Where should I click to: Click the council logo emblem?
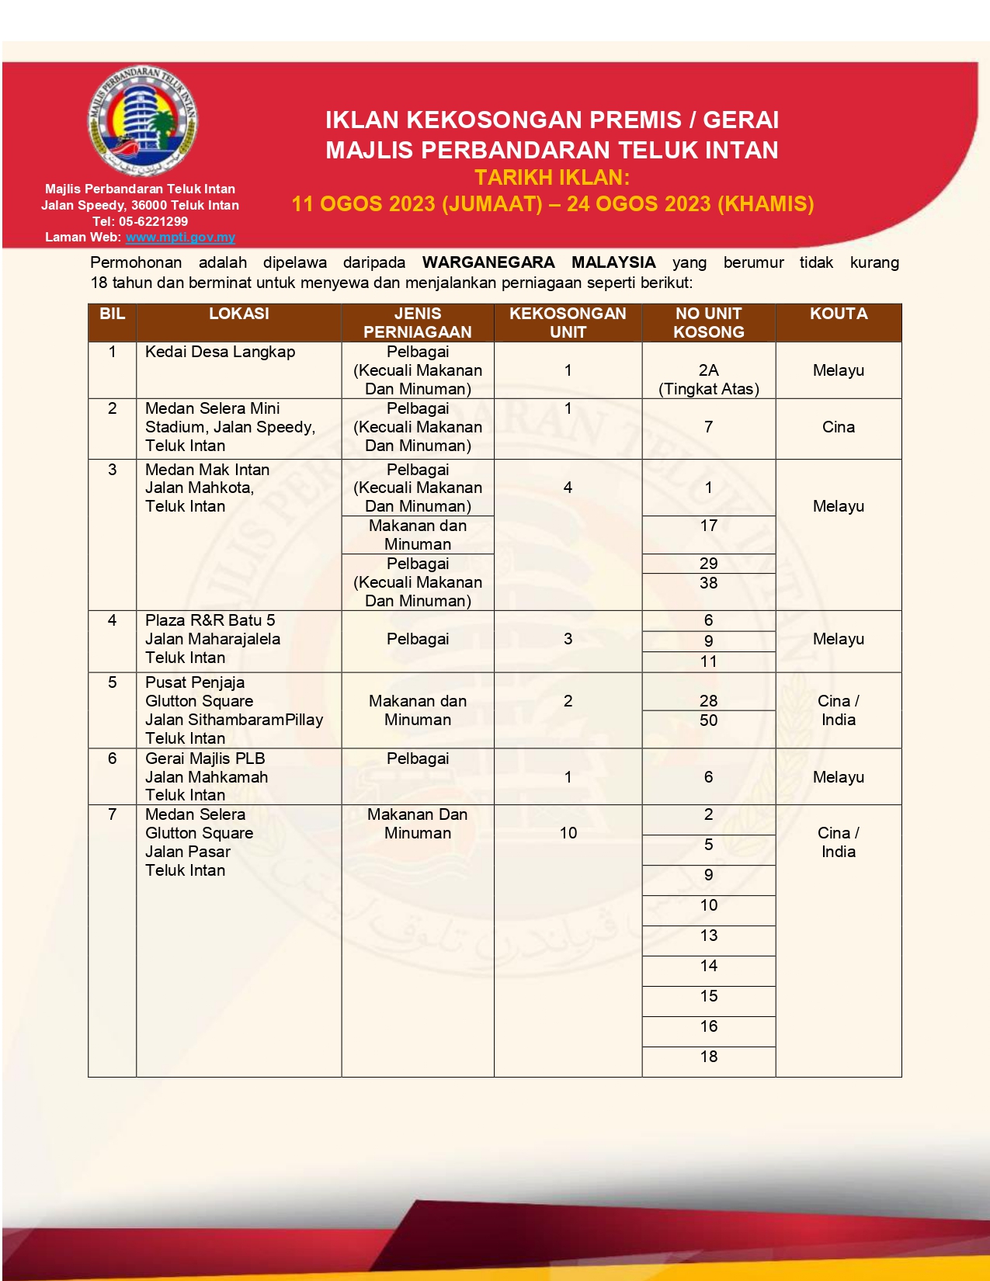[141, 121]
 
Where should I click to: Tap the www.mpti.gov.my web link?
[180, 238]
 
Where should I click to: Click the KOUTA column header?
[838, 314]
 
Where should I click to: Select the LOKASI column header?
[238, 314]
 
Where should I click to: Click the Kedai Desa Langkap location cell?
[220, 352]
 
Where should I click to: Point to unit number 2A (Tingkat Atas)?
[708, 380]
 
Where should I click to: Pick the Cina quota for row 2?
[838, 427]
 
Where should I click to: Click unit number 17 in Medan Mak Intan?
[708, 526]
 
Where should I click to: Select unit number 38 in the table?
[708, 583]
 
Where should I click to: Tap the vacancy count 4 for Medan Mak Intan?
[568, 488]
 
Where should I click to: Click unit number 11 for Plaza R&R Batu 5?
[708, 661]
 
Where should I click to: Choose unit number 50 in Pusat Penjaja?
[708, 720]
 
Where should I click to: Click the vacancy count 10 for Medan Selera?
[568, 833]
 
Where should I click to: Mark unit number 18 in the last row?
[708, 1057]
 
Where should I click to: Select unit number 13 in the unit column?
[708, 936]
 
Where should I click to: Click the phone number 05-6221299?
[153, 221]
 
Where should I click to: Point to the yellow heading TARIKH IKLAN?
[552, 178]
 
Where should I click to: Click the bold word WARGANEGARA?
[488, 263]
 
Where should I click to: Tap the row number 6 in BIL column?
[112, 759]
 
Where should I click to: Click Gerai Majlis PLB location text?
[205, 759]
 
